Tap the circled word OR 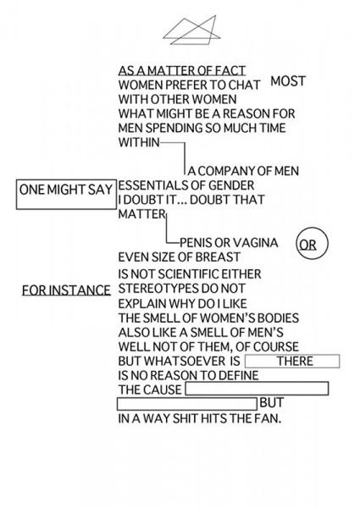pos(312,244)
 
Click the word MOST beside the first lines pos(288,81)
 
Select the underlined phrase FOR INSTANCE pos(66,290)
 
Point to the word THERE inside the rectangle pos(295,361)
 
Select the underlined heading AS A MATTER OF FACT pos(182,70)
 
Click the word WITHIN pos(139,142)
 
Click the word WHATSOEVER pos(184,361)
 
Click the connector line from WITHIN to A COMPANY pos(185,157)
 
